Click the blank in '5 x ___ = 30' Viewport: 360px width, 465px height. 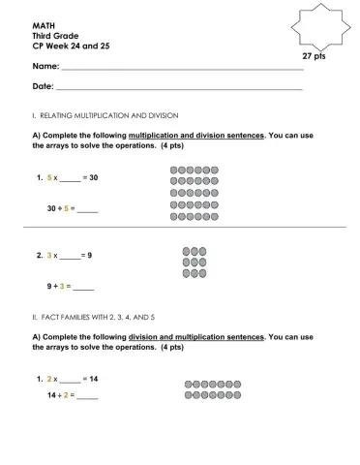(x=70, y=179)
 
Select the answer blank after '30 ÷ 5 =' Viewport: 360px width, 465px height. (x=88, y=209)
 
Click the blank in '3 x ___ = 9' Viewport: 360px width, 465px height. (x=70, y=256)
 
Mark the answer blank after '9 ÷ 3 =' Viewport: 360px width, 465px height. (x=83, y=287)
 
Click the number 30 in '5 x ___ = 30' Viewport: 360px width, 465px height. (x=93, y=178)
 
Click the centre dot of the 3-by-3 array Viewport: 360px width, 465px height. (x=194, y=263)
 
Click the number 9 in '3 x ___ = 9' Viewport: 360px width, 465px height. (x=89, y=255)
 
